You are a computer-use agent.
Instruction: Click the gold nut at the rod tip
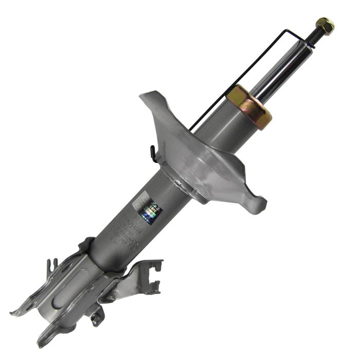(325, 24)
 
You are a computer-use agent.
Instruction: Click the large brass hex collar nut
(249, 106)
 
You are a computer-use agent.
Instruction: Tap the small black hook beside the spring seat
(153, 153)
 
